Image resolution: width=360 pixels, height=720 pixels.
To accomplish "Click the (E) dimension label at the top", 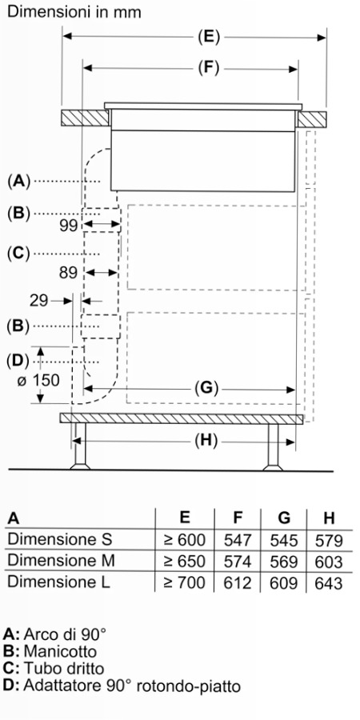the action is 209,37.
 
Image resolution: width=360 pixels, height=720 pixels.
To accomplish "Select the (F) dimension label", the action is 209,69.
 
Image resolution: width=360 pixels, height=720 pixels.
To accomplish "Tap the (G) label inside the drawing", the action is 206,389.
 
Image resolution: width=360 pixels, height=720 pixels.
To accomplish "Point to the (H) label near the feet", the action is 205,441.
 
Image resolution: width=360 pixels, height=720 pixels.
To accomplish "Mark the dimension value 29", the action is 39,301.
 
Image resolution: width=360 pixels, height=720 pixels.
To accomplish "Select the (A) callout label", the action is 18,182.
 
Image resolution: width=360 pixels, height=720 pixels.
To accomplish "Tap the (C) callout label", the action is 18,253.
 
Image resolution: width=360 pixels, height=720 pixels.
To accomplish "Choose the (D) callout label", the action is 18,361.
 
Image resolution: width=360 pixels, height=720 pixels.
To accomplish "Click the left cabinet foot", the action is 80,446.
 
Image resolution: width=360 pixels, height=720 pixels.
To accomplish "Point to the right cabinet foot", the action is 273,446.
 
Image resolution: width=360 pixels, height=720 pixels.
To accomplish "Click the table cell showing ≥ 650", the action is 185,561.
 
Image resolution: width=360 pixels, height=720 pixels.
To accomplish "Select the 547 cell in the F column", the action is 238,540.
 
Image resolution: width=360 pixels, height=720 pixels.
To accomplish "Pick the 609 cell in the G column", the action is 284,582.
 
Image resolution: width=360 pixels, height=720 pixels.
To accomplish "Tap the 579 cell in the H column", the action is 329,540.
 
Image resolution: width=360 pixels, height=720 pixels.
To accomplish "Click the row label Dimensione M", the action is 61,561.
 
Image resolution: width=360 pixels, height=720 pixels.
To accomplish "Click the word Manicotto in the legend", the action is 60,651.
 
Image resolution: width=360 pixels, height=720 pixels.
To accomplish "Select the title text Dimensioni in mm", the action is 74,12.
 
